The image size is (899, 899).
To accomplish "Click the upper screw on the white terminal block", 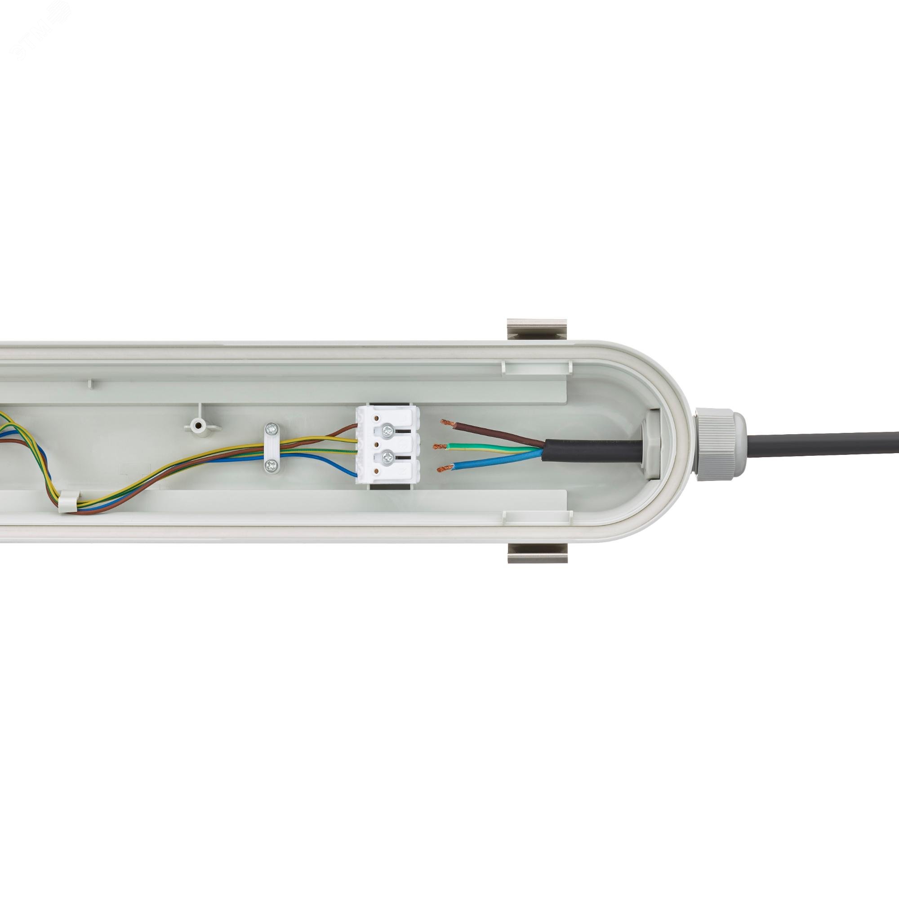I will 387,432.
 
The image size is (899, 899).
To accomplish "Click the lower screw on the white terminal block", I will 387,459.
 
